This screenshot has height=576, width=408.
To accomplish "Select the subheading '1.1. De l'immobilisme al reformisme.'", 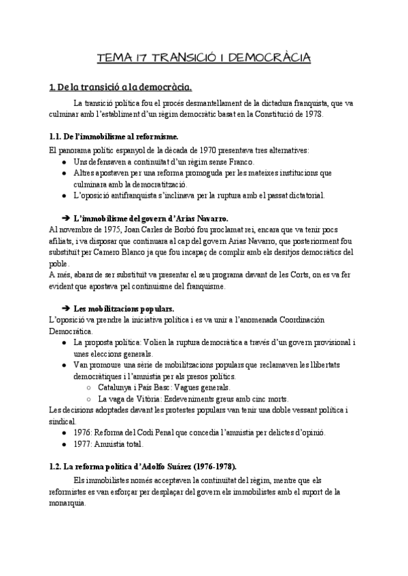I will (114, 137).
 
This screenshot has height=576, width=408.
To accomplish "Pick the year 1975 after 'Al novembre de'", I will (112, 231).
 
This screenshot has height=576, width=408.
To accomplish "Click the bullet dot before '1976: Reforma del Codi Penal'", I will (64, 432).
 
